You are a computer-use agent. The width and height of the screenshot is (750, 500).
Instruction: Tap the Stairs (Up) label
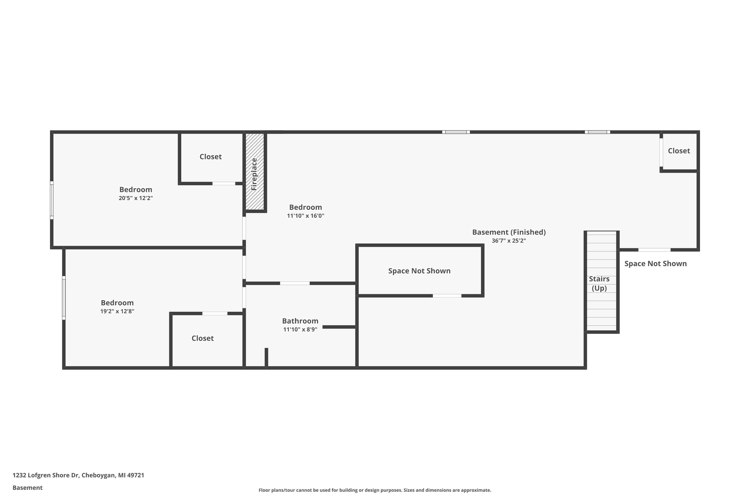click(599, 283)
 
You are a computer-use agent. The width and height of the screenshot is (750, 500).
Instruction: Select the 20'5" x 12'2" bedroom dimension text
click(135, 198)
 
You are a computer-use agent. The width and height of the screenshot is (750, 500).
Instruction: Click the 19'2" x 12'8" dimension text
click(117, 311)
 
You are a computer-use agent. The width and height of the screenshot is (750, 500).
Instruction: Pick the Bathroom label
click(300, 321)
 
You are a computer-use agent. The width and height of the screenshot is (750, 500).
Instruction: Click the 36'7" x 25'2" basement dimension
click(508, 241)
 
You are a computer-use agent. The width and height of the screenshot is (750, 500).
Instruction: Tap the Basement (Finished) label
click(508, 232)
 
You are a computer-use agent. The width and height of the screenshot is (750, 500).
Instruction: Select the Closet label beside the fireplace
click(210, 156)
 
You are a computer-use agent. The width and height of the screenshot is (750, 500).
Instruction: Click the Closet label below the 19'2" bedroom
click(202, 338)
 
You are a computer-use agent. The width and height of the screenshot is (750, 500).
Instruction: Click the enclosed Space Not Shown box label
click(419, 271)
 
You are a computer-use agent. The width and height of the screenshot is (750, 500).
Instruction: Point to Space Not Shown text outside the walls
click(655, 263)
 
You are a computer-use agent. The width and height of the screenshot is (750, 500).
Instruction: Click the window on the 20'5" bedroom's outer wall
click(52, 200)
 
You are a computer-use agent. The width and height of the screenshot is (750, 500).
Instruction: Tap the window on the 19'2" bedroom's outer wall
click(64, 297)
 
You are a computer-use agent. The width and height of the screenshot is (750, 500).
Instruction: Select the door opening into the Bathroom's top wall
click(295, 283)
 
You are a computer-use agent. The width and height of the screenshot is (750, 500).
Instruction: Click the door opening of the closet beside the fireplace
click(224, 183)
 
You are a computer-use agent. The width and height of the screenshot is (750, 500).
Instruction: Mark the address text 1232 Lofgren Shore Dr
click(78, 475)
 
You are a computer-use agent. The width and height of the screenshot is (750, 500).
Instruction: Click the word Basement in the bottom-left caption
click(27, 487)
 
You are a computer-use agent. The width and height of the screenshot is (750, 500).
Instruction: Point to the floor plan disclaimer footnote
click(375, 490)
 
